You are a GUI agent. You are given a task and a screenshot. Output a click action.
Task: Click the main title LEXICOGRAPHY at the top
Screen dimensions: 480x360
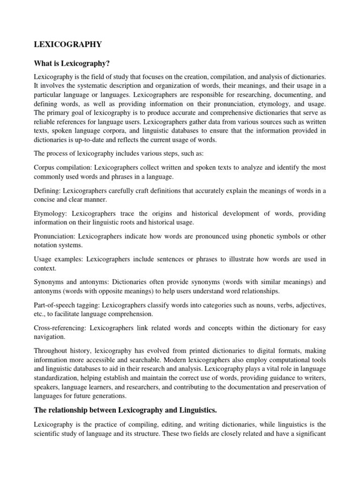click(67, 44)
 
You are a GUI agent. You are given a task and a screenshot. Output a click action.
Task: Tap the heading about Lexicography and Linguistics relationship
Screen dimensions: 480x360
click(126, 411)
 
